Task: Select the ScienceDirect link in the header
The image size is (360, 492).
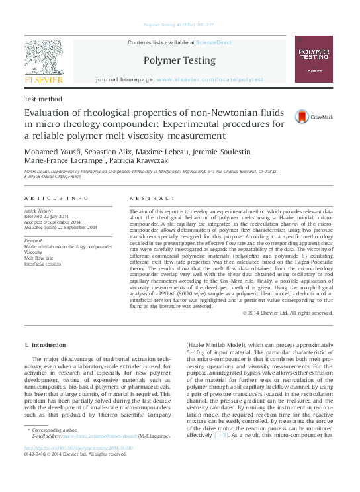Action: (213, 42)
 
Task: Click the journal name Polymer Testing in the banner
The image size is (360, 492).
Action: (179, 60)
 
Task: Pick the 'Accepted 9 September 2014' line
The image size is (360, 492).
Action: (56, 222)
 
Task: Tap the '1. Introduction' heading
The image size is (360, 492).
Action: (44, 345)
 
